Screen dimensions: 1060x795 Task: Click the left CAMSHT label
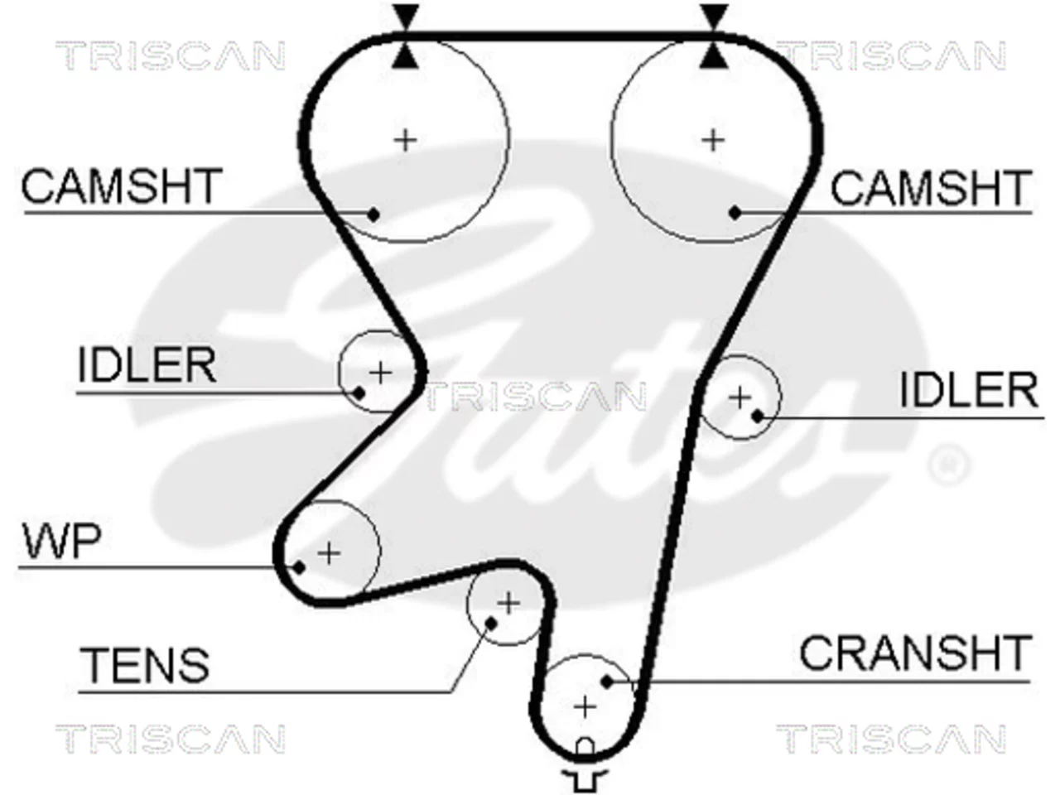(122, 185)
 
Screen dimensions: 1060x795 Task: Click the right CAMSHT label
(931, 187)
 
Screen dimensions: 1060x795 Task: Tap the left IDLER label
(147, 364)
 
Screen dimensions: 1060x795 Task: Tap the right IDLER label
(969, 389)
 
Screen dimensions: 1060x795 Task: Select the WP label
(62, 541)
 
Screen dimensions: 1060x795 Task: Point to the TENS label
(144, 664)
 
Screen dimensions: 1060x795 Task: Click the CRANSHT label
(916, 652)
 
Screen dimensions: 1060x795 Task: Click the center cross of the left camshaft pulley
(405, 141)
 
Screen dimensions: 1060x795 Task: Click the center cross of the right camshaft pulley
(713, 141)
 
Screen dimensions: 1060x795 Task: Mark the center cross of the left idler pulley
(381, 373)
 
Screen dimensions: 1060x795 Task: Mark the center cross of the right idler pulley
(740, 398)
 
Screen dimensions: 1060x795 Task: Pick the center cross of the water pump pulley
(329, 553)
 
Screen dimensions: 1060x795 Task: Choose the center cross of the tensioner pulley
(508, 603)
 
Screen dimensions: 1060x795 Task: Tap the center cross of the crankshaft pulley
(585, 707)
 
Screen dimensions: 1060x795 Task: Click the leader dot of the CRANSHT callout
(608, 682)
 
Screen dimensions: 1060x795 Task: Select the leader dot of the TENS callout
(490, 624)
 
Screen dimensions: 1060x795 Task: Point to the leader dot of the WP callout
(299, 567)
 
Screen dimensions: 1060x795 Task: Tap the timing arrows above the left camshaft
(405, 36)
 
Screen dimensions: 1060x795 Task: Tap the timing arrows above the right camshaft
(713, 36)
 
